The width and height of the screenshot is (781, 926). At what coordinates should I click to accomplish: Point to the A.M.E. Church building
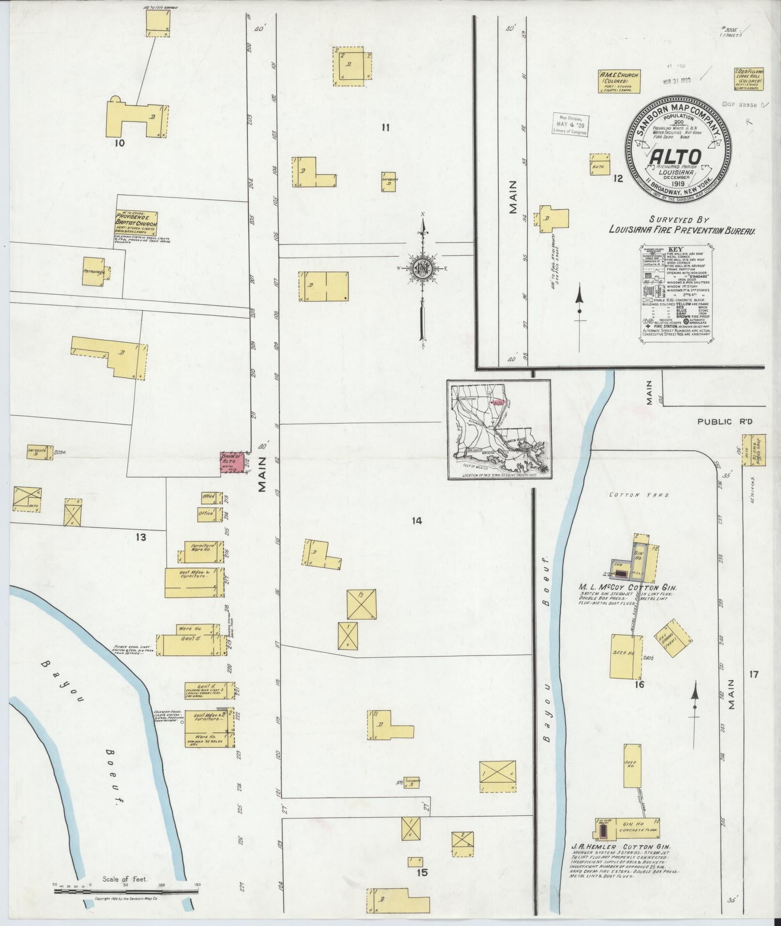pos(620,82)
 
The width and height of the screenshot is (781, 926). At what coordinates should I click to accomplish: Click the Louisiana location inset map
pos(498,429)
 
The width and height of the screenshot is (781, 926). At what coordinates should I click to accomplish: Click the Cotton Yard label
pos(639,496)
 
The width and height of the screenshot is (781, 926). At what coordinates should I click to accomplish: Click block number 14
pos(417,521)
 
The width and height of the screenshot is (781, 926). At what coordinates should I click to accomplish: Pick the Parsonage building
pos(94,273)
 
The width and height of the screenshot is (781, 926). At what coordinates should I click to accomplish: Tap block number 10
pos(120,143)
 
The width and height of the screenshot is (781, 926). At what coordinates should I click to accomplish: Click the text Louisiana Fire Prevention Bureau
pos(683,231)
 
